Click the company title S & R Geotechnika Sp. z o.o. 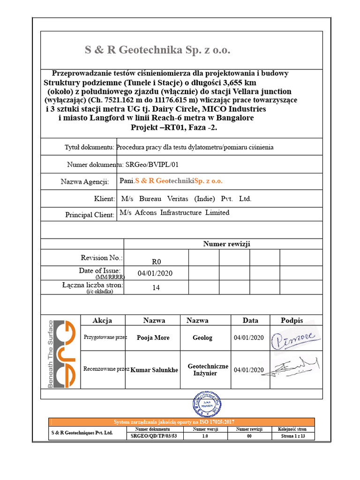pyautogui.click(x=157, y=51)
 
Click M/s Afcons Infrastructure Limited pyautogui.click(x=174, y=213)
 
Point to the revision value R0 pyautogui.click(x=156, y=262)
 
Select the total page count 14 pyautogui.click(x=156, y=288)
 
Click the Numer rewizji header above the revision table pyautogui.click(x=226, y=244)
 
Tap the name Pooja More pyautogui.click(x=153, y=338)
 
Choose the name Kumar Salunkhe pyautogui.click(x=154, y=370)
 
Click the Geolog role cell pyautogui.click(x=202, y=338)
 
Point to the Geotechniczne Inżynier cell pyautogui.click(x=208, y=370)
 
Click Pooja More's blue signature pyautogui.click(x=295, y=337)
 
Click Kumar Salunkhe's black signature pyautogui.click(x=295, y=367)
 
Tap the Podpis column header pyautogui.click(x=292, y=321)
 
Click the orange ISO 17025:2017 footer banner pyautogui.click(x=181, y=422)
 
